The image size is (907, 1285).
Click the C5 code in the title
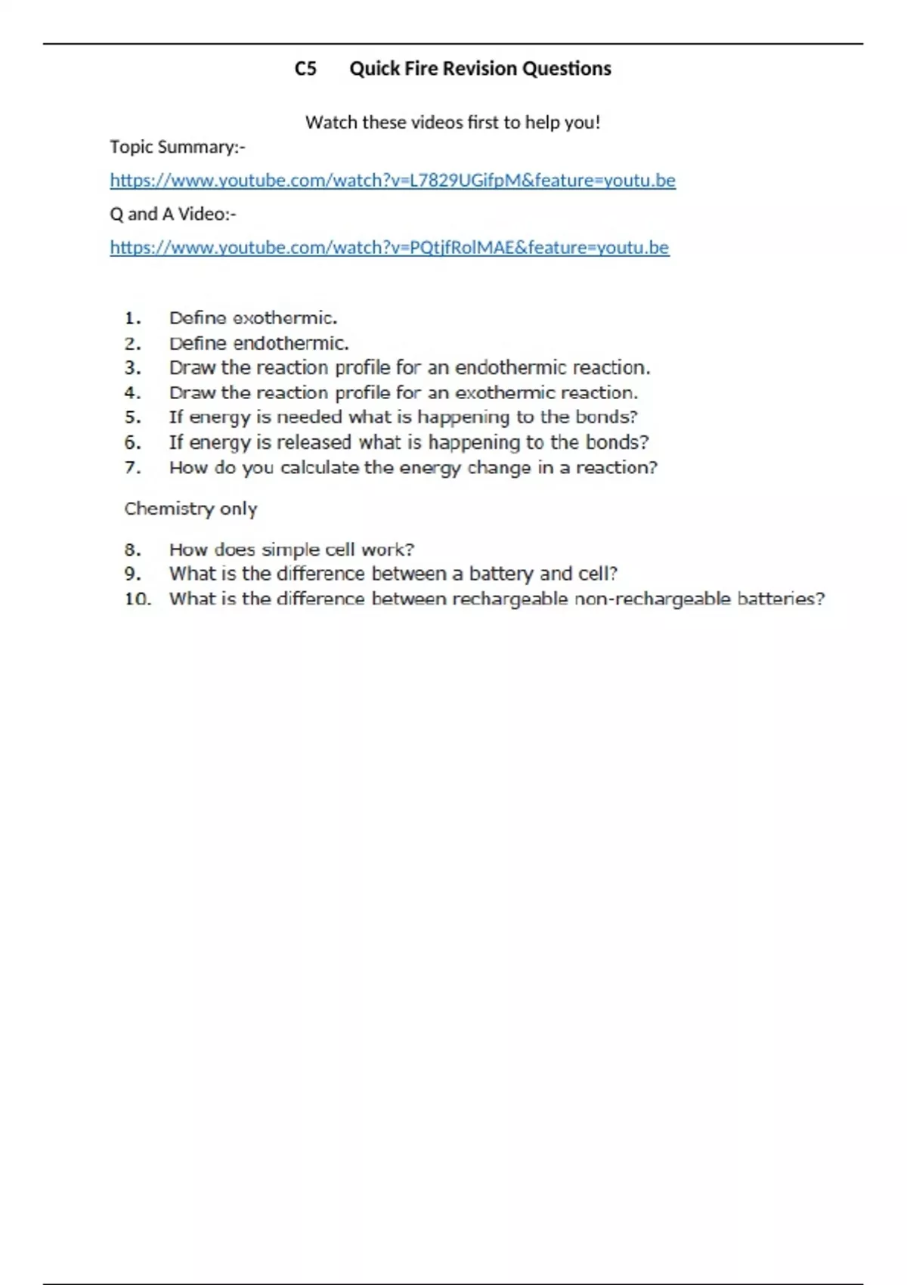point(305,69)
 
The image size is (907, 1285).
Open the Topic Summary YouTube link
point(392,181)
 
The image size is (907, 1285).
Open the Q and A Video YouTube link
point(389,248)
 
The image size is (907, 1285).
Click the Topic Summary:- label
point(178,147)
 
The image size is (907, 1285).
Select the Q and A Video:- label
point(173,215)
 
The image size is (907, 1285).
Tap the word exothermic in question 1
point(284,318)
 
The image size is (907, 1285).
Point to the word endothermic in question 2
point(291,344)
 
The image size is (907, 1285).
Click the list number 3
point(133,368)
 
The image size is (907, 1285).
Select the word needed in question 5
point(309,417)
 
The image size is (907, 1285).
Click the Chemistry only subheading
point(190,509)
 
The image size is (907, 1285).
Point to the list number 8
point(133,550)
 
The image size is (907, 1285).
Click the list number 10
point(138,599)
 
